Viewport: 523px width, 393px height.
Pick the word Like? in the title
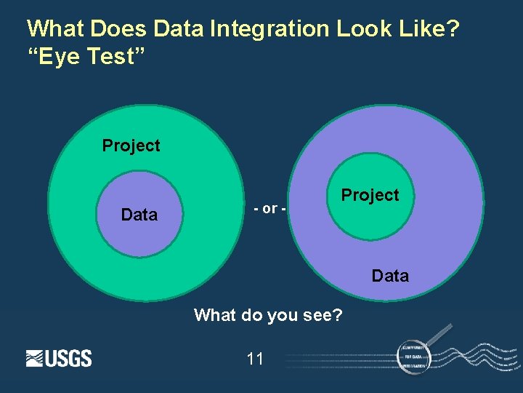point(428,29)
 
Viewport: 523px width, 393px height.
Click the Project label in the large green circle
point(131,146)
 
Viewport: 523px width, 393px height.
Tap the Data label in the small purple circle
point(139,215)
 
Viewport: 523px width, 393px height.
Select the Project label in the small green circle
point(370,195)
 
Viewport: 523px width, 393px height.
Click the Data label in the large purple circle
point(390,276)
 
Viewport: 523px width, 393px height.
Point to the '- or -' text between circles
point(269,209)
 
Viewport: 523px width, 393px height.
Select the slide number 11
point(255,358)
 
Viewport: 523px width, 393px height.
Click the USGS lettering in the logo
point(69,358)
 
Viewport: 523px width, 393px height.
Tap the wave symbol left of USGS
point(35,358)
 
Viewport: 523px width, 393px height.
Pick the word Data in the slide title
point(179,29)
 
